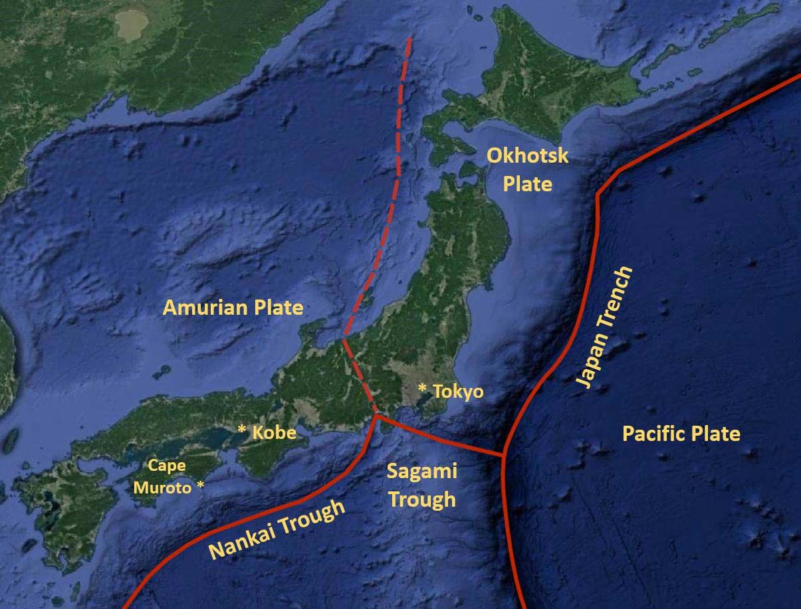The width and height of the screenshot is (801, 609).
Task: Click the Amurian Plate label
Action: tap(233, 308)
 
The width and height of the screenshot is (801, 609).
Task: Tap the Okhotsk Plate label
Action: tap(528, 169)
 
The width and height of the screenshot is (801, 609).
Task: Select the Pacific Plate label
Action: tap(681, 434)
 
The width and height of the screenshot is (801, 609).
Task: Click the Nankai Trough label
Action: tap(278, 530)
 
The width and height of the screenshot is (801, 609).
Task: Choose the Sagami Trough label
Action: tap(422, 485)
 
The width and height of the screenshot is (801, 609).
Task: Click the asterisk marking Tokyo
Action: tap(422, 387)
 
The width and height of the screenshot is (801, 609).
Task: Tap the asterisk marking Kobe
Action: tap(242, 429)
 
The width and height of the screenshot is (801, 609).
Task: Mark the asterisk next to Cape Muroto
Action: tap(200, 487)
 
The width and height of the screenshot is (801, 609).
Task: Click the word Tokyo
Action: tap(458, 392)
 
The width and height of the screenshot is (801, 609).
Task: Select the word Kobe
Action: tap(273, 433)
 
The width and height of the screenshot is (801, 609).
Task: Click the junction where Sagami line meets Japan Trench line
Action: tap(503, 455)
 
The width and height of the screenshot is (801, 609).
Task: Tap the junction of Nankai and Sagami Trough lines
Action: tap(377, 416)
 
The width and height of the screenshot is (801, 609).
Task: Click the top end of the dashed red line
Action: tap(409, 39)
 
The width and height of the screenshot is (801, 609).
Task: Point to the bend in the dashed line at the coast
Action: tap(344, 339)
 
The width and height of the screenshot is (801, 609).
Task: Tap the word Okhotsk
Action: tap(528, 156)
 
